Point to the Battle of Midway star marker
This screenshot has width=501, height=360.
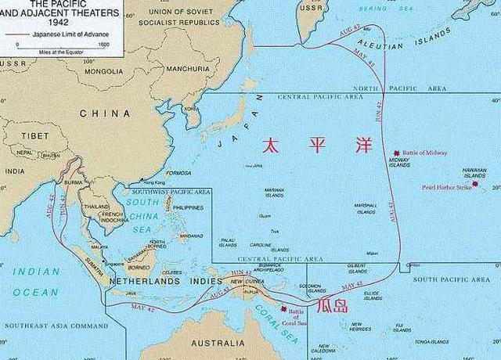click(x=397, y=153)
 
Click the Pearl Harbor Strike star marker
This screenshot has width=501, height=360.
click(x=474, y=184)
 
